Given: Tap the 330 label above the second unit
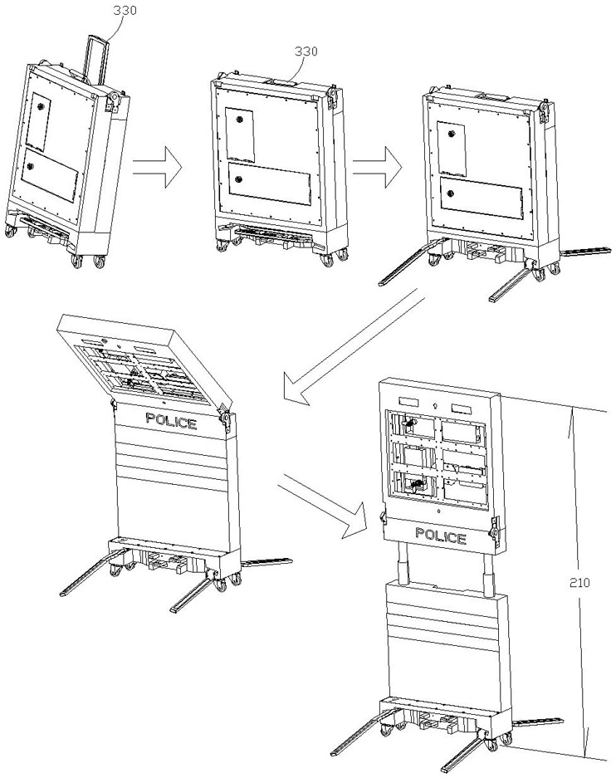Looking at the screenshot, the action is pos(306,51).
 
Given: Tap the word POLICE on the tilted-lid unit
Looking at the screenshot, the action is pos(171,422).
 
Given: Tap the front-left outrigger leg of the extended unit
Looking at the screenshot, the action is pos(357,739).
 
